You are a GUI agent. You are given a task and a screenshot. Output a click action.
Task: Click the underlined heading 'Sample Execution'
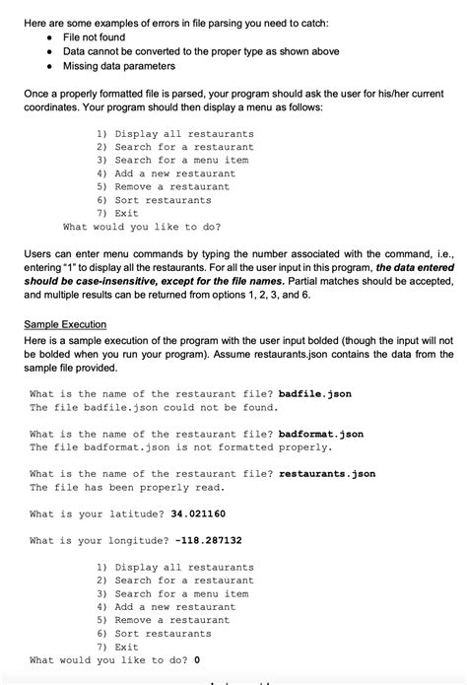pyautogui.click(x=65, y=324)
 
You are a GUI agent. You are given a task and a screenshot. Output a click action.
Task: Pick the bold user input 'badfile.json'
pyautogui.click(x=315, y=393)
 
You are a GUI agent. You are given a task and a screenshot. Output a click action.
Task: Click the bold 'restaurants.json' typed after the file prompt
pyautogui.click(x=327, y=474)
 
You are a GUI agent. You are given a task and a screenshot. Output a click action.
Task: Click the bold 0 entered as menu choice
pyautogui.click(x=198, y=659)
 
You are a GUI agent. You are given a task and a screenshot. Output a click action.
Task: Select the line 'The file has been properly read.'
pyautogui.click(x=127, y=487)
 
